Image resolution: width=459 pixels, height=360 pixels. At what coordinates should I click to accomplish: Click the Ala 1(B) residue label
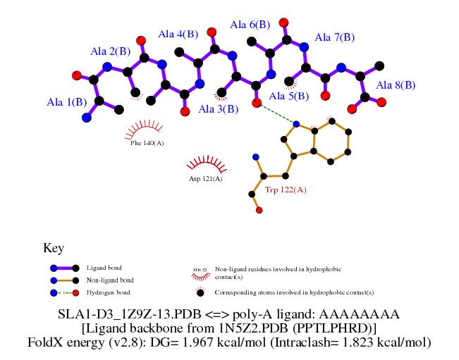(x=67, y=103)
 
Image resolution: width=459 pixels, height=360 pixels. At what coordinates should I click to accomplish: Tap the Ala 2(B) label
(x=110, y=51)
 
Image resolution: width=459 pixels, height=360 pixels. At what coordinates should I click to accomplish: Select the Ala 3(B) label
(x=219, y=109)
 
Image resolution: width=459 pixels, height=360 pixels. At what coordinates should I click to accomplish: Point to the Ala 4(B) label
(x=178, y=34)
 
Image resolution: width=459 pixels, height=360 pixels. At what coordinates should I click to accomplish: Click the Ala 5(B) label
(x=288, y=96)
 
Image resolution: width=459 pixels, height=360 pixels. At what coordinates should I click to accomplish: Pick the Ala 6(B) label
(x=250, y=25)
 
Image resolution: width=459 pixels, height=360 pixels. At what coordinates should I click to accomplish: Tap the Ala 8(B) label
(x=396, y=85)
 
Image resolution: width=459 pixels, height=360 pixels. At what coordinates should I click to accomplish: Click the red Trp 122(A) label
(x=286, y=190)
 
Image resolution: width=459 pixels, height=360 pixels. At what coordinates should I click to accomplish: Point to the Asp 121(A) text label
(x=205, y=179)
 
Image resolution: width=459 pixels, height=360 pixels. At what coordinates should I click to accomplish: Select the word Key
(x=54, y=248)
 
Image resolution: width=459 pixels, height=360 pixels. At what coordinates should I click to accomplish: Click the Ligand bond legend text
(x=104, y=268)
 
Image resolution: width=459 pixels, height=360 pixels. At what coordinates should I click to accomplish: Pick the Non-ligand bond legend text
(x=110, y=280)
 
